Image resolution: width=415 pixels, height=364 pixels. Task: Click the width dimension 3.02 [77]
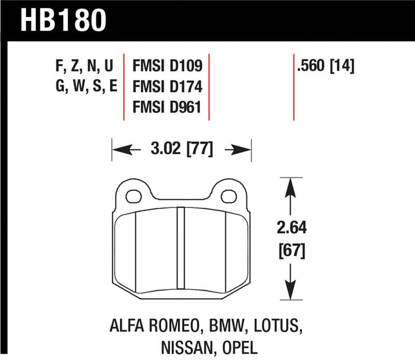(182, 150)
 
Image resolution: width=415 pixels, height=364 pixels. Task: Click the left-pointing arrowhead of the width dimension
(119, 150)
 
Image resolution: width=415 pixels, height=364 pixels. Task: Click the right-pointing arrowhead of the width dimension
(244, 150)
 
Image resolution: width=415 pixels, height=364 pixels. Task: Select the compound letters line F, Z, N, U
(82, 66)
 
